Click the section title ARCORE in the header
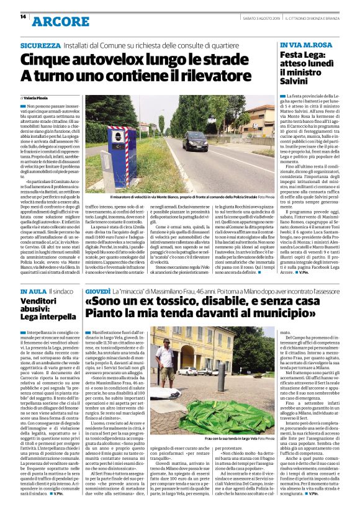[x=61, y=22]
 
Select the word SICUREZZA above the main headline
[x=39, y=46]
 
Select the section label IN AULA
[x=32, y=291]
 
